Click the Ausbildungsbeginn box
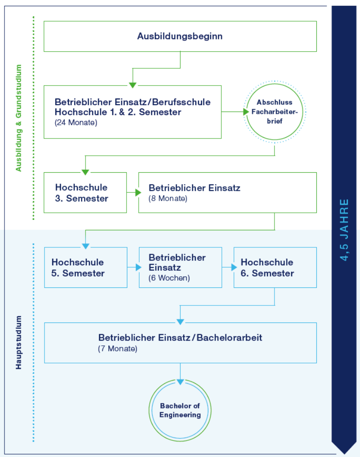(180, 36)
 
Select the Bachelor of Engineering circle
(180, 410)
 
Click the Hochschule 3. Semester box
(85, 193)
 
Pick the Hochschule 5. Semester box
(85, 267)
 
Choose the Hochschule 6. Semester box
(275, 267)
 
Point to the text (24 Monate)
(76, 122)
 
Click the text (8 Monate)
(167, 198)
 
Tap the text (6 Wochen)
(169, 278)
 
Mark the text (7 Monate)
(117, 348)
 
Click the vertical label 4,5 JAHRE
(344, 229)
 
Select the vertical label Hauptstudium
(19, 342)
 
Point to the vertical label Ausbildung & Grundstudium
(19, 118)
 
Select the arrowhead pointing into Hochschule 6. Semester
(234, 267)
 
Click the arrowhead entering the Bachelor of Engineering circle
(180, 382)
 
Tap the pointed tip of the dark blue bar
(344, 451)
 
